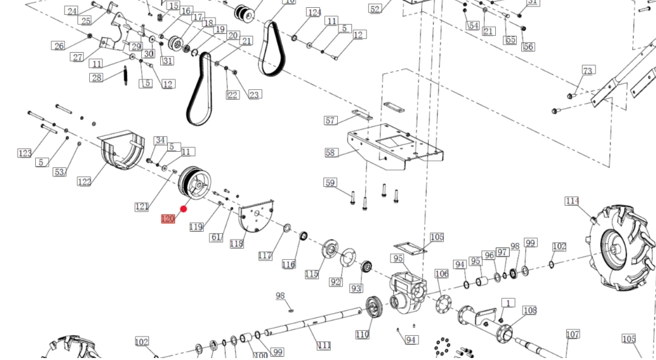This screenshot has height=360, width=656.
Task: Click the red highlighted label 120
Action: (x=168, y=219)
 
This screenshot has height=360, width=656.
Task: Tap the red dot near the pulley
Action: (x=184, y=209)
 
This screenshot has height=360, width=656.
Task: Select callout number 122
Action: (x=85, y=182)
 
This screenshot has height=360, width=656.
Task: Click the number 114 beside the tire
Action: (x=571, y=201)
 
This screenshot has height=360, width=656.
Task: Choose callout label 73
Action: (x=588, y=70)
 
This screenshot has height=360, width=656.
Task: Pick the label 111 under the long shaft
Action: (x=324, y=345)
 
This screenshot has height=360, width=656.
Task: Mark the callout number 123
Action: (x=25, y=153)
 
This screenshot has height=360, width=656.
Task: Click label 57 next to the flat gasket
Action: (x=331, y=120)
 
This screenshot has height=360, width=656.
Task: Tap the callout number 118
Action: (x=236, y=243)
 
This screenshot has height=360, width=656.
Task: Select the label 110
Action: (x=362, y=335)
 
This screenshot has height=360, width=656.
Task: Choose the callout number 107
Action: (x=572, y=335)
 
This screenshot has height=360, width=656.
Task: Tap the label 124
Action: (x=314, y=12)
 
